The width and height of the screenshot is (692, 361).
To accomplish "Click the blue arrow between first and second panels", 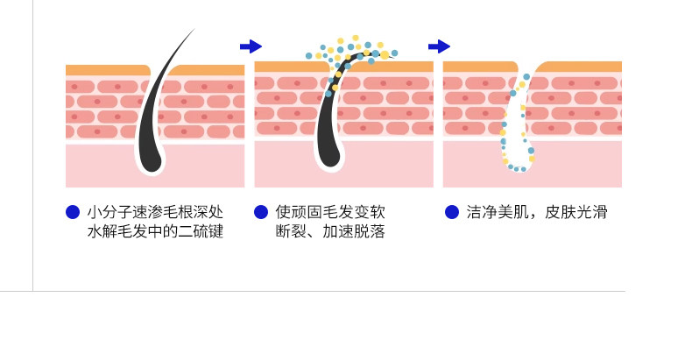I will coord(251,46).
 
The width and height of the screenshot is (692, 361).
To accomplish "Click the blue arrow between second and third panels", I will coord(439,46).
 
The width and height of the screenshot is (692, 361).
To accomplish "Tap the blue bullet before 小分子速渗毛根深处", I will coord(73,212).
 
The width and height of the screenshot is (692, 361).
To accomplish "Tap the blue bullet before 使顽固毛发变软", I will coord(260,212).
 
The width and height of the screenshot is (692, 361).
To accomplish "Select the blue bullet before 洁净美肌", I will coord(452,212).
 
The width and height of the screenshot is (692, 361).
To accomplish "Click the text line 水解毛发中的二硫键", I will coord(155,232).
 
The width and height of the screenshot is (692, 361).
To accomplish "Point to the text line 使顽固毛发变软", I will coord(330,212).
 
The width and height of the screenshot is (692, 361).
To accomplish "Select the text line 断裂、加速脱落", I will coord(330,232).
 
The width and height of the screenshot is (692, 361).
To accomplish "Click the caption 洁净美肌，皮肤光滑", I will coord(537,212).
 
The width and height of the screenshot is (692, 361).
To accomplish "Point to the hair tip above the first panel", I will coord(192,33).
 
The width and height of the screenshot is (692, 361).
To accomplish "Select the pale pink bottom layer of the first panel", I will coord(96,166).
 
